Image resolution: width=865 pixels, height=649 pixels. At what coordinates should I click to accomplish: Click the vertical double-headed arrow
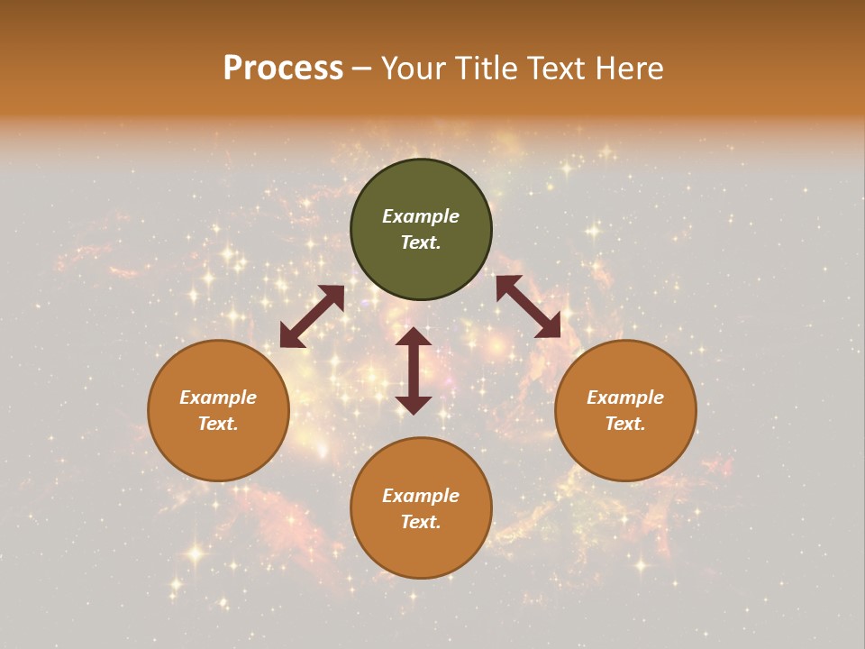pos(414,370)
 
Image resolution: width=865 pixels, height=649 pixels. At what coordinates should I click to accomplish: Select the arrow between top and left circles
pos(312,316)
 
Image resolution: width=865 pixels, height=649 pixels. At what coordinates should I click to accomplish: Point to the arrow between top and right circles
pos(528,306)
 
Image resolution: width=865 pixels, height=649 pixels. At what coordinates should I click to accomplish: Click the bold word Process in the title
pos(283,69)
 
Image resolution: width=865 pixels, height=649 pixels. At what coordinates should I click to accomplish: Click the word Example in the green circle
pos(421,216)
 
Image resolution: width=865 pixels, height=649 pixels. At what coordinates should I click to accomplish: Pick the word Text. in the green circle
pos(421,243)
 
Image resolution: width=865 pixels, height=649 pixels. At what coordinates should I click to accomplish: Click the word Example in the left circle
pos(218,398)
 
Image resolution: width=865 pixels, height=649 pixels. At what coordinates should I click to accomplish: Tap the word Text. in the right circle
pos(625,424)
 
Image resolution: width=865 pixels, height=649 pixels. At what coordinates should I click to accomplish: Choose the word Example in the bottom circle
pos(421,496)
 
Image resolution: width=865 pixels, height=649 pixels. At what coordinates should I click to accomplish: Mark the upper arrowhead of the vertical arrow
pos(414,335)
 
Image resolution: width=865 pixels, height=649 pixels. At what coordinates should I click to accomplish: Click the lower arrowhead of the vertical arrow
pos(414,405)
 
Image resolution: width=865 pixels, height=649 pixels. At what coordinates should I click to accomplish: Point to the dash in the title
pos(362,69)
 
